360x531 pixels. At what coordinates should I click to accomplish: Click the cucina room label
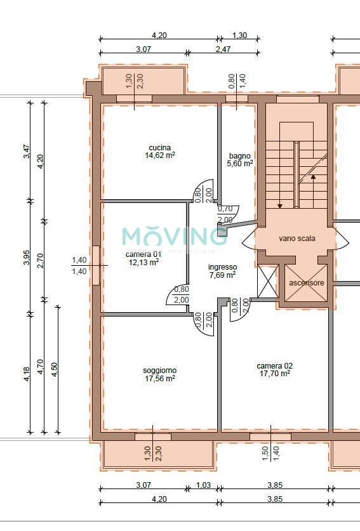coord(159,148)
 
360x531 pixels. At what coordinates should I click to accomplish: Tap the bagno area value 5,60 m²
coord(240,164)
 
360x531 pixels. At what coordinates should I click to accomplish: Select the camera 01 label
coord(143,254)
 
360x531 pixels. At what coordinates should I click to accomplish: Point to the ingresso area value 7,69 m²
coord(223,275)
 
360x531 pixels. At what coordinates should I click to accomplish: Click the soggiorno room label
coord(159,370)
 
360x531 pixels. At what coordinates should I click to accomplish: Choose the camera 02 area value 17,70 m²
coord(274,374)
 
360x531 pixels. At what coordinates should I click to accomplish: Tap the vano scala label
coord(297,239)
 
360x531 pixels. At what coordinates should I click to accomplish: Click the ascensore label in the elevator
coord(307,283)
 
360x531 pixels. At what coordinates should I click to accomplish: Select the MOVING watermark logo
coord(174,236)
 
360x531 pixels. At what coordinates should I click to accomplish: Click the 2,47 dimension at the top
coord(223,49)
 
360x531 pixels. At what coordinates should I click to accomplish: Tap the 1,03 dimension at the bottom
coord(203,485)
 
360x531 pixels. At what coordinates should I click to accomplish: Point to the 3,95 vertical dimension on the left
coord(27,258)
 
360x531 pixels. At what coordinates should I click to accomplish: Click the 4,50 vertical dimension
coord(54,370)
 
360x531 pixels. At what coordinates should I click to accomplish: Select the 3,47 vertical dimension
coord(27,152)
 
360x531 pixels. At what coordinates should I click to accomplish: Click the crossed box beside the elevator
coord(267,282)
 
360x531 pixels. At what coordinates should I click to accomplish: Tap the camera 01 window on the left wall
coord(97,265)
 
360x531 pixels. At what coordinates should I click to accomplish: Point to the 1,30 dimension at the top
coord(239,36)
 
